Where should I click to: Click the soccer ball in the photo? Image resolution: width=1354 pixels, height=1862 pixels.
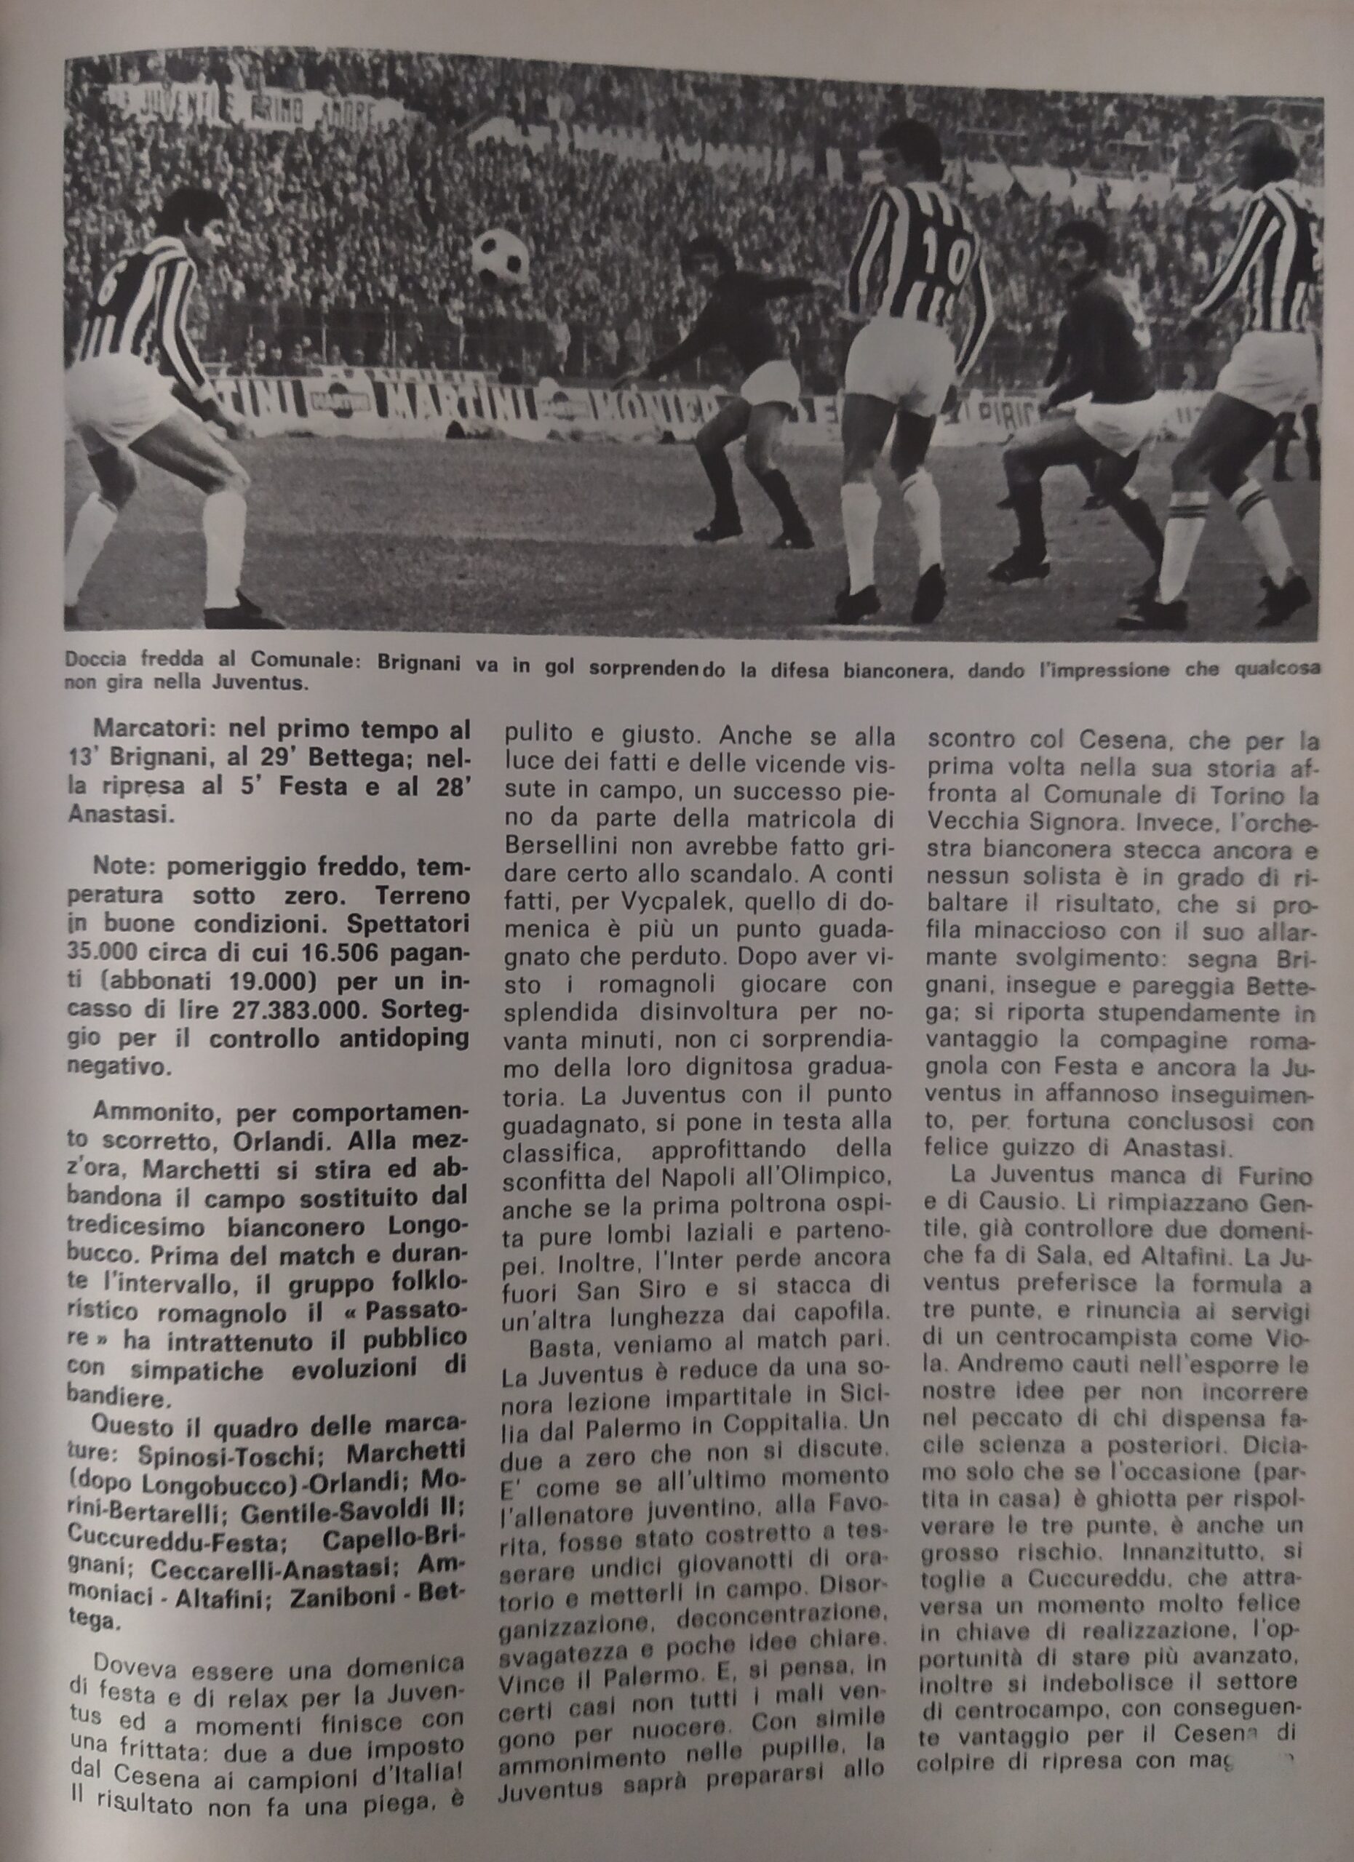(x=501, y=255)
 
